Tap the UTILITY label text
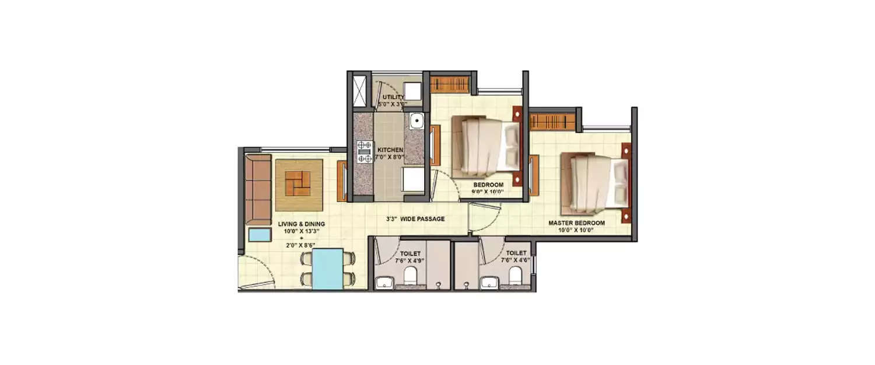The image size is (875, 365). click(393, 97)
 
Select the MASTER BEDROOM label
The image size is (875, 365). click(576, 223)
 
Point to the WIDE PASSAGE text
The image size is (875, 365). click(423, 219)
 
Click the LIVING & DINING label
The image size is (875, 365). click(301, 224)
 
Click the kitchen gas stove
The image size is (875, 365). click(365, 151)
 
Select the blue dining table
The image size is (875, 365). click(327, 269)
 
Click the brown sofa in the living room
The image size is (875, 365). click(257, 189)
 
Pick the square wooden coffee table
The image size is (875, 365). click(299, 185)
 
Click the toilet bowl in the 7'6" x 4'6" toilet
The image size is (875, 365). click(514, 274)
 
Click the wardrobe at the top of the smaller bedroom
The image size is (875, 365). click(450, 82)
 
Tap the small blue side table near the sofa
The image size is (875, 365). click(259, 235)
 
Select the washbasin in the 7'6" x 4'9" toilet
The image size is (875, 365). click(384, 284)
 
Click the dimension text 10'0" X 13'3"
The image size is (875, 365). click(301, 231)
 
